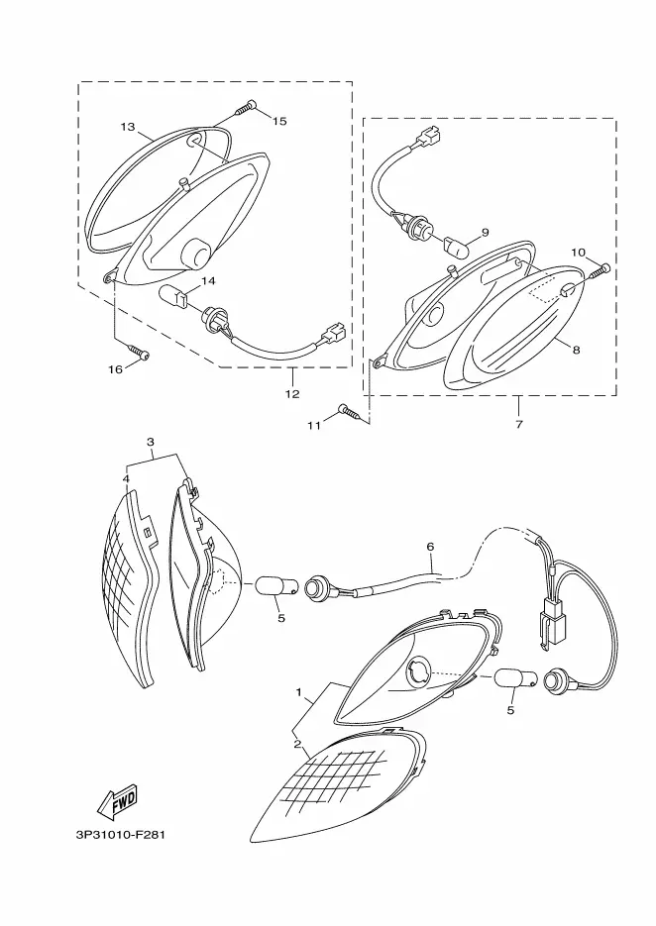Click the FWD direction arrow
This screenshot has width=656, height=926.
(x=118, y=801)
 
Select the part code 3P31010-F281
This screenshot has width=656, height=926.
(x=120, y=835)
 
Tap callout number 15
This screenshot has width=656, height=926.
(x=279, y=121)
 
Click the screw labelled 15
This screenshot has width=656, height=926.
(x=247, y=108)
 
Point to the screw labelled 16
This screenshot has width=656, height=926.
(x=140, y=352)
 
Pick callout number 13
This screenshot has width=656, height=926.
(x=128, y=127)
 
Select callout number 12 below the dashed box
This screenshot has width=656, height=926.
(x=292, y=394)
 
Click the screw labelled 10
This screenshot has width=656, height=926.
(x=600, y=271)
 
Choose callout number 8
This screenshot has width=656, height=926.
(x=576, y=350)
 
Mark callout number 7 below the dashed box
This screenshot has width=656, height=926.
(x=519, y=424)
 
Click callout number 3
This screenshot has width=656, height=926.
(x=151, y=442)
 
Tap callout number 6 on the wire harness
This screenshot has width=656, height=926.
(x=430, y=548)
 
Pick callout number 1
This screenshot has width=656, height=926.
(x=299, y=691)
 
